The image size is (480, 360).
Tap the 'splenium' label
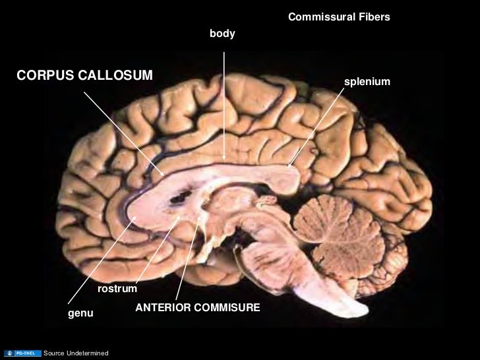[x=367, y=81]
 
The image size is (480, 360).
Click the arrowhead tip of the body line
[x=224, y=160]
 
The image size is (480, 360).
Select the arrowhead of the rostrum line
[x=178, y=217]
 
